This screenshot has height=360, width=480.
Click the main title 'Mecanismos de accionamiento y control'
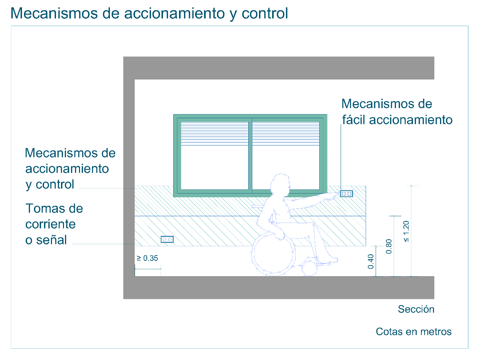click(149, 14)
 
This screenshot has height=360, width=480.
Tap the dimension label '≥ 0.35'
click(147, 258)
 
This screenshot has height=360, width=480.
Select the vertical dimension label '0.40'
click(371, 262)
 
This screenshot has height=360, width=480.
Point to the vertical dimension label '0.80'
click(389, 247)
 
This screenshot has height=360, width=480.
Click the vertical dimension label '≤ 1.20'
click(406, 231)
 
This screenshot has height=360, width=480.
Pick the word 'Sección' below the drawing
click(416, 309)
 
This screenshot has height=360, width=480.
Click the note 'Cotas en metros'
click(414, 332)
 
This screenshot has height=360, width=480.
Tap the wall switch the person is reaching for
click(346, 194)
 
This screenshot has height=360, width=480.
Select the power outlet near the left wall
click(167, 240)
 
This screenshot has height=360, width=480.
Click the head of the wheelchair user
click(280, 184)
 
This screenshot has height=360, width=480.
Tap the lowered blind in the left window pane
click(215, 133)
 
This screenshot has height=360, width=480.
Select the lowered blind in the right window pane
click(286, 133)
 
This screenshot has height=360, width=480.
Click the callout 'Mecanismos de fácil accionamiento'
click(397, 112)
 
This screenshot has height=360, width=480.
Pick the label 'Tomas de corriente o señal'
click(54, 224)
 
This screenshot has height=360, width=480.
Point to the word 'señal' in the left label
click(51, 240)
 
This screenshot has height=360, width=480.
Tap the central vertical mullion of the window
click(250, 155)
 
